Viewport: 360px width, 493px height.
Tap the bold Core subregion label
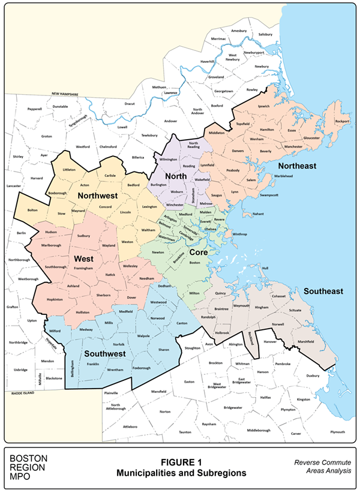(x=198, y=252)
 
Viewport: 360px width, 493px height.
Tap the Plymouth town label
(x=337, y=432)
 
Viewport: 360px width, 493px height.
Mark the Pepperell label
(x=35, y=109)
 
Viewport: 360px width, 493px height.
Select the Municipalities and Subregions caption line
(x=180, y=473)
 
